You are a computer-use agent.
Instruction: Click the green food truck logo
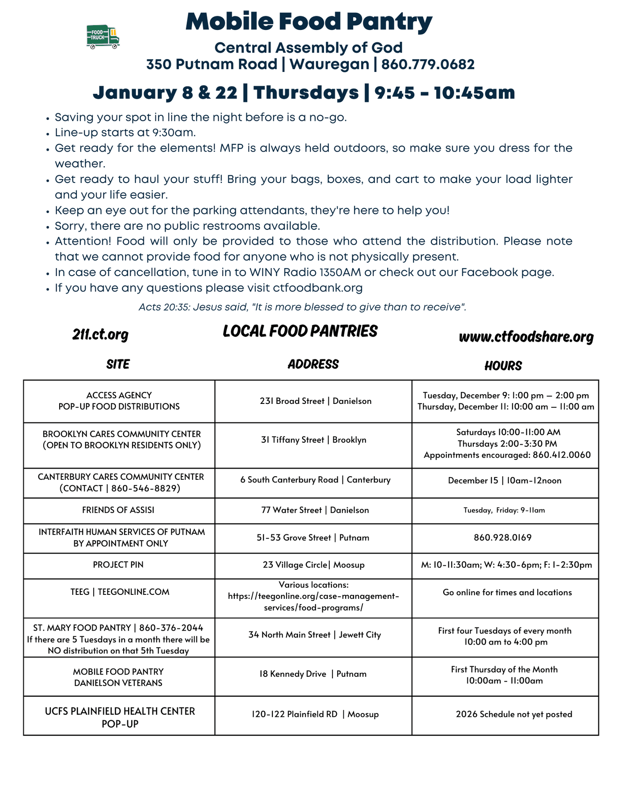[x=103, y=37]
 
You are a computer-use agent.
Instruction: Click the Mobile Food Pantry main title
[x=309, y=21]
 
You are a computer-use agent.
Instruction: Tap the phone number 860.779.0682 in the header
[x=428, y=64]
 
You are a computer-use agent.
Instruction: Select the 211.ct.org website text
[x=100, y=335]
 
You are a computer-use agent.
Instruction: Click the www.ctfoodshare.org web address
[x=526, y=337]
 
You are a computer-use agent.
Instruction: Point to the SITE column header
[x=118, y=364]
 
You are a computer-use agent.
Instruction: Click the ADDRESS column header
[x=313, y=364]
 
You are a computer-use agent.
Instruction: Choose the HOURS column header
[x=503, y=366]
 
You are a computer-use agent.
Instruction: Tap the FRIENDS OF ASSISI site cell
[x=118, y=510]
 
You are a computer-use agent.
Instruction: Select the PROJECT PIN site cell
[x=118, y=565]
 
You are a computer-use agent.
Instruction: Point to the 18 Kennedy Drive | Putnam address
[x=313, y=674]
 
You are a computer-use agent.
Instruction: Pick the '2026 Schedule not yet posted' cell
[x=514, y=714]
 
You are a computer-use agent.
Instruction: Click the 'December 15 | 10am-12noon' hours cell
[x=505, y=481]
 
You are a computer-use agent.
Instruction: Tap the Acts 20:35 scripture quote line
[x=302, y=307]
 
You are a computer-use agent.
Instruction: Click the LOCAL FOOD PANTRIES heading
[x=300, y=331]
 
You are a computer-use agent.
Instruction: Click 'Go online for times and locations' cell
[x=507, y=593]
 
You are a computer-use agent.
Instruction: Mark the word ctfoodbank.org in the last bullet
[x=318, y=288]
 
